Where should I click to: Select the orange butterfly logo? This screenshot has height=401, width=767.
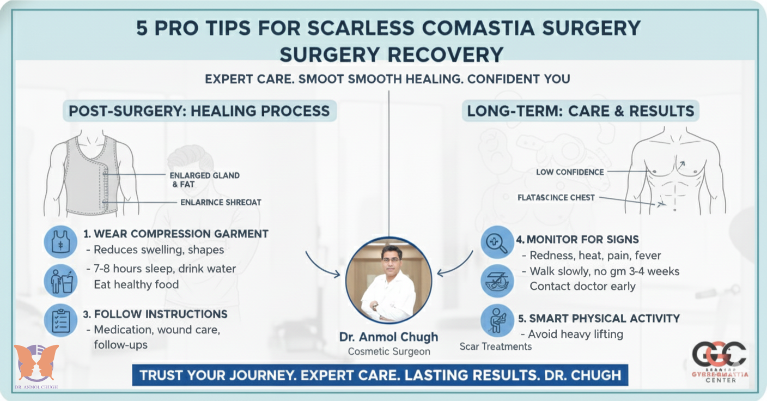click(x=36, y=362)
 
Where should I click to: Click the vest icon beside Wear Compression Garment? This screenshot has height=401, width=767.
click(x=60, y=241)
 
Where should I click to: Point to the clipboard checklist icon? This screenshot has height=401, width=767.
click(x=60, y=320)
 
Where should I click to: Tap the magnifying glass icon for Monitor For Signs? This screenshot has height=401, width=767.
click(x=497, y=242)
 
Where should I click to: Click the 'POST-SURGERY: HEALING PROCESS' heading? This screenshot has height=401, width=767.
click(x=199, y=111)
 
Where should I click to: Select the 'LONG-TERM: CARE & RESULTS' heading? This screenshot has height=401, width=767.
click(x=581, y=111)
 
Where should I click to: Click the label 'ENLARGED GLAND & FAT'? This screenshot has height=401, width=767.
click(x=204, y=180)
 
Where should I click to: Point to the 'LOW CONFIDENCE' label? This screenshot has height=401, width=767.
click(x=570, y=172)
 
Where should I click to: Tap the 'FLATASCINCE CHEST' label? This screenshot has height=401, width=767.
click(x=556, y=197)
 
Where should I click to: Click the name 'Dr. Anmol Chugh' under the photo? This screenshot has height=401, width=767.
click(x=388, y=337)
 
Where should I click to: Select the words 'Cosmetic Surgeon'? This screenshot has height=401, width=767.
click(x=388, y=351)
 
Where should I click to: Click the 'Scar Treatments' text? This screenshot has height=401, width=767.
click(x=495, y=347)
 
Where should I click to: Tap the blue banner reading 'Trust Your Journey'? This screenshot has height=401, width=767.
click(x=380, y=375)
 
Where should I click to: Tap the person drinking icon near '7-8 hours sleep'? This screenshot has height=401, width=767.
click(x=60, y=281)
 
